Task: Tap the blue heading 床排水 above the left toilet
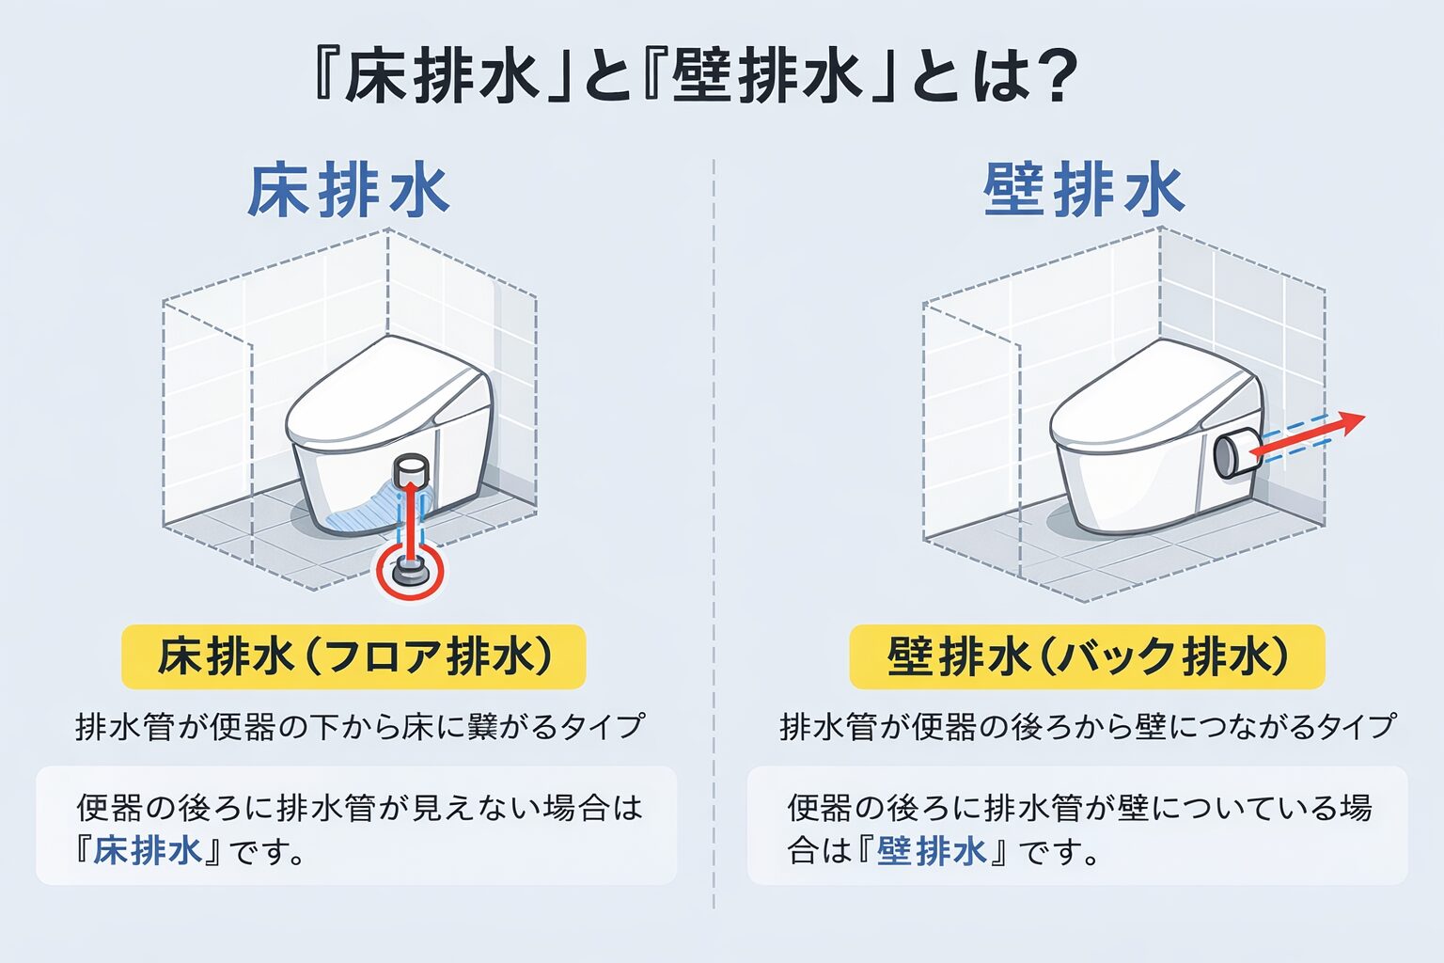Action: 349,191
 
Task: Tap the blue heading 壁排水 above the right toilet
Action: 1084,191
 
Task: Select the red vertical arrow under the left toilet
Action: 409,523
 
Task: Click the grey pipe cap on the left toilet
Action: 412,469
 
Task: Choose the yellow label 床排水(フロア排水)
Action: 353,656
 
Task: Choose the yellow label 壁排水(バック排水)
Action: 1087,656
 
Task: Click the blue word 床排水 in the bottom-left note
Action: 149,851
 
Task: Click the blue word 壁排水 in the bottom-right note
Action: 933,851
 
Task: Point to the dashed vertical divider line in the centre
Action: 714,534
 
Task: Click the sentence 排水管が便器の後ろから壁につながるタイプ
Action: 1088,726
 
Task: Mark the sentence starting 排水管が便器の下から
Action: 360,726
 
